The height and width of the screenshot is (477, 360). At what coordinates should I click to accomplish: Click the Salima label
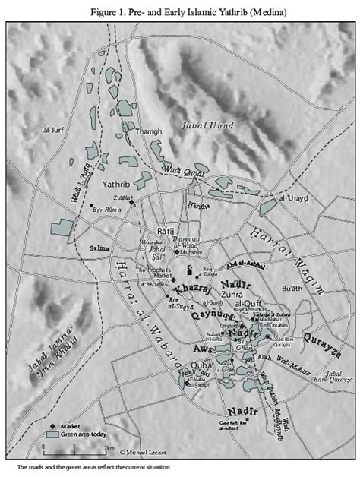pyautogui.click(x=99, y=248)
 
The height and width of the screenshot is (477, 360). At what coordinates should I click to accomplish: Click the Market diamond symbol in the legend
pyautogui.click(x=52, y=428)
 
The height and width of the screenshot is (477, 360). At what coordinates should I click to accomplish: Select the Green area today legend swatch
pyautogui.click(x=52, y=437)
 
